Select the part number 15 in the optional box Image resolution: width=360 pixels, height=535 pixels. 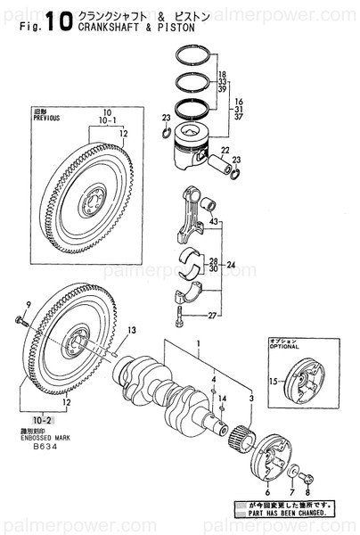[275, 382]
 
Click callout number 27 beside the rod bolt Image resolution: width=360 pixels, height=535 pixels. [211, 315]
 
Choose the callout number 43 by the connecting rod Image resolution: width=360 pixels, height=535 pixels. [214, 221]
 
